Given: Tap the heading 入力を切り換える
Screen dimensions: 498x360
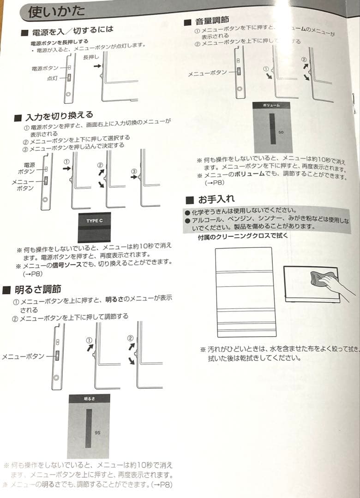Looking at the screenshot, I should tap(60, 115).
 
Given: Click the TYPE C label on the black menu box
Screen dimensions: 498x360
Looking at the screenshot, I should tap(94, 221).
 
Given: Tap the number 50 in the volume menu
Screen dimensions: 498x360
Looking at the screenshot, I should tap(281, 132).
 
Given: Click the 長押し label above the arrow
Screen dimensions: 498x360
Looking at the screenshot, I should tap(91, 57).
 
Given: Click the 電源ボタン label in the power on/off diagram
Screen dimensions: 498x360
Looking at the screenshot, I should tap(45, 68).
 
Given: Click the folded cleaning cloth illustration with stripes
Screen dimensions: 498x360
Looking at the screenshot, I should tap(246, 292).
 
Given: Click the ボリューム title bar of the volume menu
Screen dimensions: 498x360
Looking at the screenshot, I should tap(272, 106).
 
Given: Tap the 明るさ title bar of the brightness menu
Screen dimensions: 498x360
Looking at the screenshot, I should tap(89, 399).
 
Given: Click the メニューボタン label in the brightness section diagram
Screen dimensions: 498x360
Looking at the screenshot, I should tap(23, 356).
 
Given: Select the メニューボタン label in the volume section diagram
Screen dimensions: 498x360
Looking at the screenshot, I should tap(207, 73).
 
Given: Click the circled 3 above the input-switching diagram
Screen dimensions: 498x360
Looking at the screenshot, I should tap(134, 171).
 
